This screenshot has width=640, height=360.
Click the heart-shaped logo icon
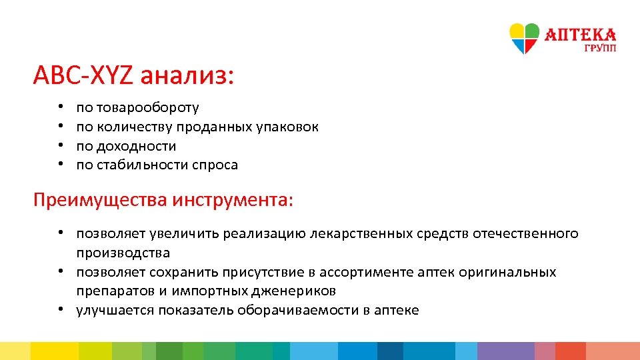[x=524, y=38]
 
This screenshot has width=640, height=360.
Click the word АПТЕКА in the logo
[x=581, y=34]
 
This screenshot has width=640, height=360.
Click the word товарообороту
[x=147, y=107]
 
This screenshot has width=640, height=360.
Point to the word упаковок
[x=287, y=127]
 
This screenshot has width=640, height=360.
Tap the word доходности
[x=136, y=145]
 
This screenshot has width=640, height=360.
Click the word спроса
[x=215, y=165]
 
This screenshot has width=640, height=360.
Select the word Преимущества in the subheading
[x=101, y=199]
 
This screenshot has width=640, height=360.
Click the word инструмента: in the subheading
[x=232, y=199]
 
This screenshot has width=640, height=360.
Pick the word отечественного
[x=525, y=234]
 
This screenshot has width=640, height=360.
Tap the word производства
[x=123, y=253]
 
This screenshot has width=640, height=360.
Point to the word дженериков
[x=294, y=291]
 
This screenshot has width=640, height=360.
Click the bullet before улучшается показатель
[x=60, y=310]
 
